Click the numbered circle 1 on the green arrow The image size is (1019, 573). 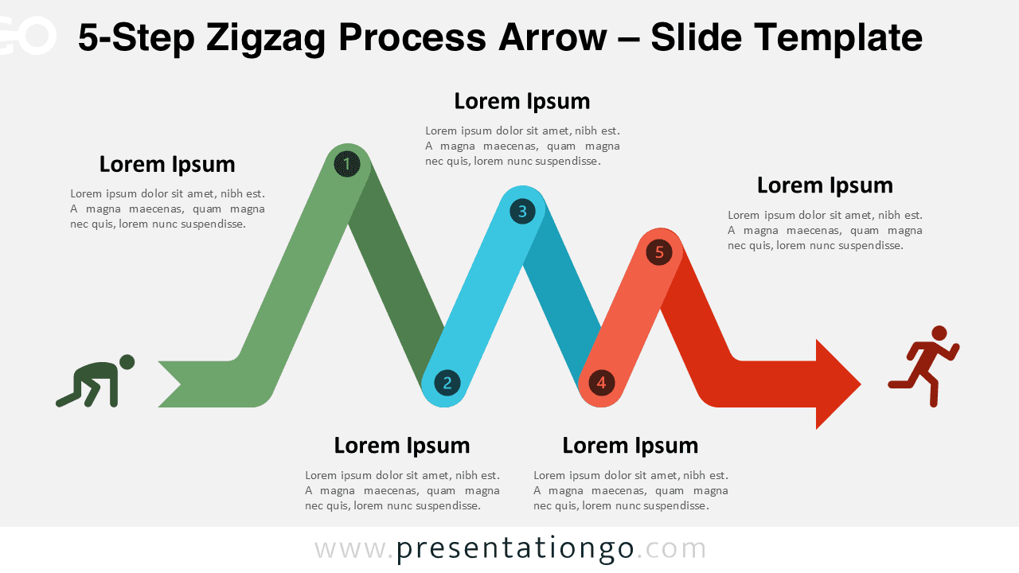click(346, 165)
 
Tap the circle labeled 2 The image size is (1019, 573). click(447, 383)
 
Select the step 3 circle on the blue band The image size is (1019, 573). click(522, 211)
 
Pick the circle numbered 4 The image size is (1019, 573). click(601, 383)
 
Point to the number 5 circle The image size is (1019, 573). click(659, 252)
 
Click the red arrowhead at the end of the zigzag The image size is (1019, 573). click(836, 384)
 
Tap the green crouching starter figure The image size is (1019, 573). click(96, 382)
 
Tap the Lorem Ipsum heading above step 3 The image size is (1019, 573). click(522, 101)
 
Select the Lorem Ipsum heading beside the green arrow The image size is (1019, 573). click(167, 164)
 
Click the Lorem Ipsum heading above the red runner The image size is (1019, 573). click(825, 185)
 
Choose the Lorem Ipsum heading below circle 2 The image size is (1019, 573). click(402, 445)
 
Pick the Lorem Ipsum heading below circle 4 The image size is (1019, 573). click(631, 445)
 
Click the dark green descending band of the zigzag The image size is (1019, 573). click(394, 279)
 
